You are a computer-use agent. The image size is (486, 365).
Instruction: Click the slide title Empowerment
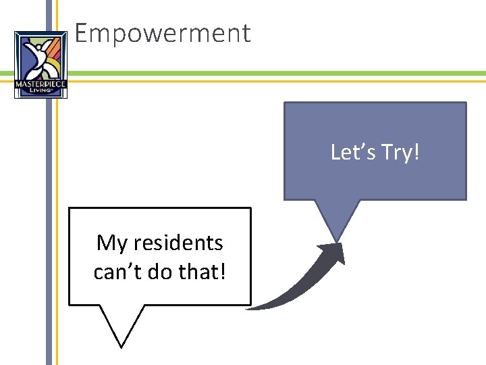pyautogui.click(x=163, y=33)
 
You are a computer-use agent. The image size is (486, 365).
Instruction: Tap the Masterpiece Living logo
pyautogui.click(x=40, y=65)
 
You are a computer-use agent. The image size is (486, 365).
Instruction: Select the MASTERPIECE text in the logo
pyautogui.click(x=40, y=84)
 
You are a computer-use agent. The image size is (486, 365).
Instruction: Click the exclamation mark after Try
pyautogui.click(x=416, y=152)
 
